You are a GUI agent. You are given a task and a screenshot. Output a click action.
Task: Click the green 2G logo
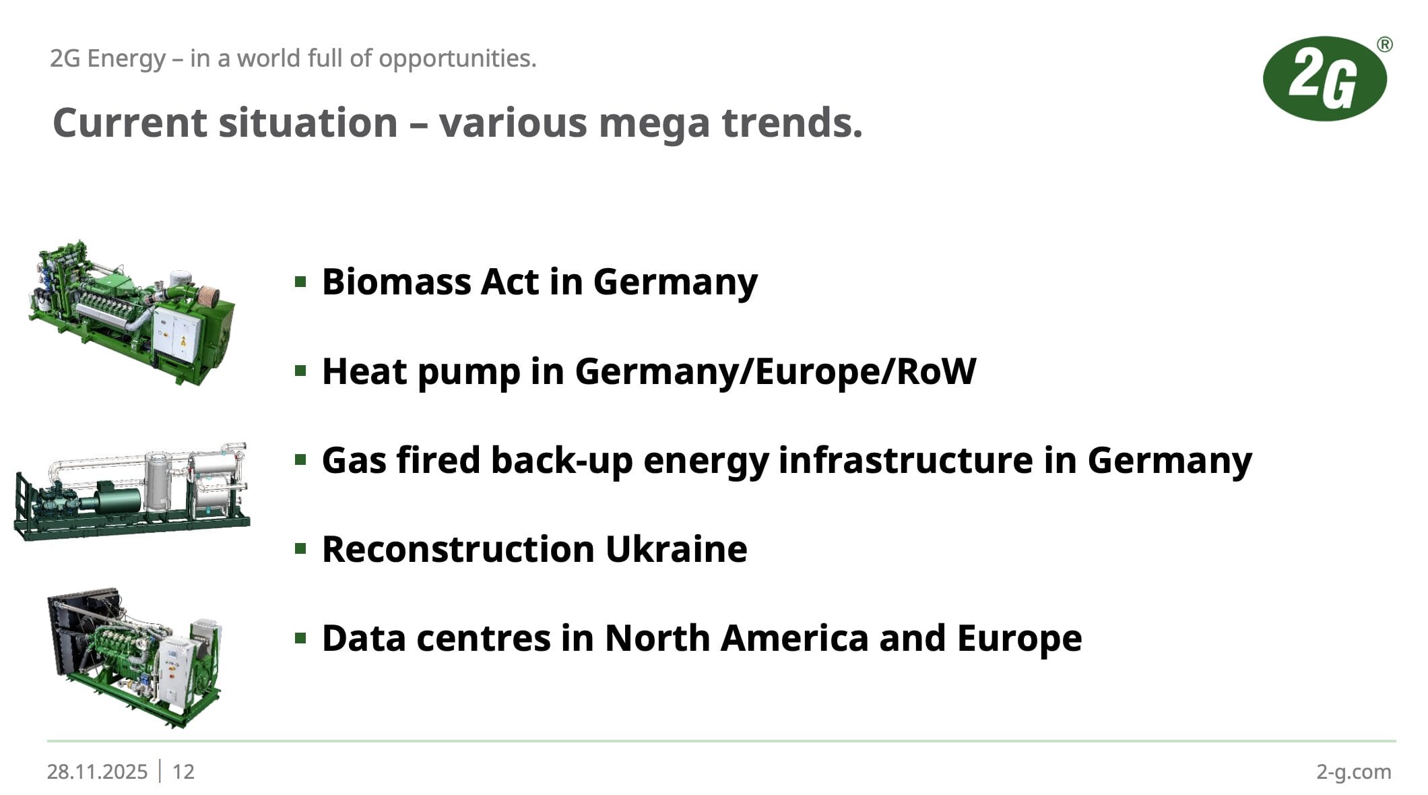coord(1324,79)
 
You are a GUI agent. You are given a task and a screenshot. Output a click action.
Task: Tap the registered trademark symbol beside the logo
coord(1385,44)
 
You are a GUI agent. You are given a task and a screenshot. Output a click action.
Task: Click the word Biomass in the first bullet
coord(396,282)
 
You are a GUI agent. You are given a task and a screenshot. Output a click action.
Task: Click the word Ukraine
coord(676,549)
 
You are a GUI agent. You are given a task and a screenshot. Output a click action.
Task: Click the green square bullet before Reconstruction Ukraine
coord(301,548)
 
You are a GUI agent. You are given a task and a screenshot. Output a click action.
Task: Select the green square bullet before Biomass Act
coord(301,281)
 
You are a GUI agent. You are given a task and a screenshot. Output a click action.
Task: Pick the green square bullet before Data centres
coord(301,637)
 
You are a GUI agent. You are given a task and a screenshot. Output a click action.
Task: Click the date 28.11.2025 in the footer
coord(97,771)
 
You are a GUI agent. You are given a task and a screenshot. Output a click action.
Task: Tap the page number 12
coord(183,771)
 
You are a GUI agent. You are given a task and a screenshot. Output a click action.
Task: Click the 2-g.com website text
coord(1354,772)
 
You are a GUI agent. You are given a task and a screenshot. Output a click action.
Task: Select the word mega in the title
coord(654,123)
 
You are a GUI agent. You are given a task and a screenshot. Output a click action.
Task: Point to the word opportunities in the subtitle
coord(457,59)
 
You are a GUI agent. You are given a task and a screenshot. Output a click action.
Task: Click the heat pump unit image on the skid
coord(132,492)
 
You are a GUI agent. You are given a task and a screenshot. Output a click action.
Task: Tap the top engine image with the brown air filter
coord(132,313)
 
